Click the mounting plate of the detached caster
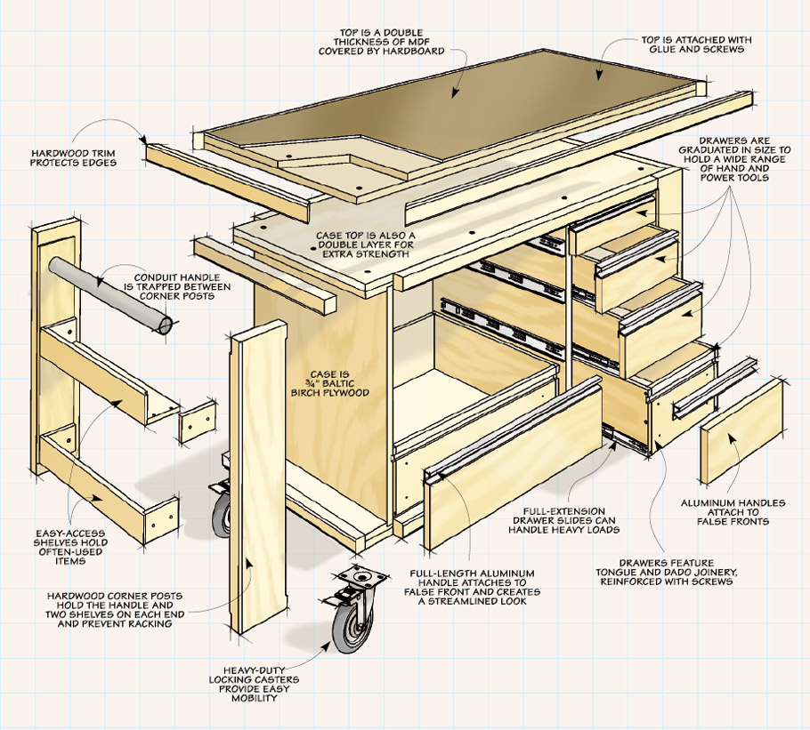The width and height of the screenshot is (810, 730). pos(362,580)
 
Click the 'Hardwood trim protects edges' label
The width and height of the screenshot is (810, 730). pos(75,157)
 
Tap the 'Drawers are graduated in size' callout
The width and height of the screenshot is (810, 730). pos(744,159)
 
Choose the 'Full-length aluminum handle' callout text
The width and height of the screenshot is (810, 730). pos(472,584)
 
